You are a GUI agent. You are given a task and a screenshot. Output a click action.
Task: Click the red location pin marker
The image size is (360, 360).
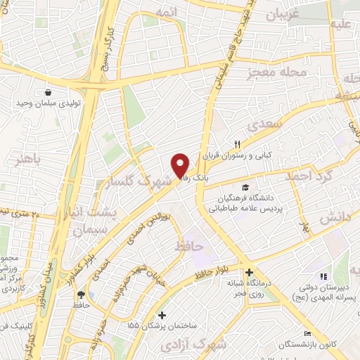pos(180,165)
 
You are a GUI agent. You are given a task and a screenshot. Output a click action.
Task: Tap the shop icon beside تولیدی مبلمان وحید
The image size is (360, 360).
pos(48,92)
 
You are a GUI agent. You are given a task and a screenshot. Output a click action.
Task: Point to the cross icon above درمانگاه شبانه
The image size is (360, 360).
pos(249,273)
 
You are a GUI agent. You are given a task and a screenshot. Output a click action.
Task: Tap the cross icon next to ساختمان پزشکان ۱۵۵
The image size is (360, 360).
pos(162,315)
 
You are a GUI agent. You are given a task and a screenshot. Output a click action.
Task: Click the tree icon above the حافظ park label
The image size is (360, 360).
pos(81,295)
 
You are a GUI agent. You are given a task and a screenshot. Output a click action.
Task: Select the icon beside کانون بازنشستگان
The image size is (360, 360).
pos(306,333)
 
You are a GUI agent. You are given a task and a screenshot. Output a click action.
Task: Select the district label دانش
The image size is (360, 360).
pos(335,219)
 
